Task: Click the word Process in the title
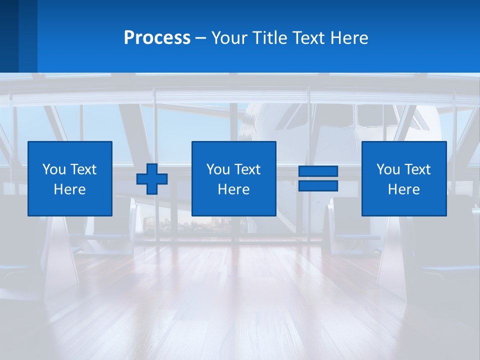(x=157, y=38)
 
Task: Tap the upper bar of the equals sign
(x=318, y=171)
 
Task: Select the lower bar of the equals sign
(x=318, y=186)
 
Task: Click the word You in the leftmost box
(x=54, y=169)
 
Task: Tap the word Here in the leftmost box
(x=70, y=189)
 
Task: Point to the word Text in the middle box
(x=247, y=169)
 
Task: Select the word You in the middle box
(x=218, y=169)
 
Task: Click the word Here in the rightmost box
(x=403, y=189)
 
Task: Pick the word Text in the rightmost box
(x=417, y=169)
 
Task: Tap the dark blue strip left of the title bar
(x=18, y=36)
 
